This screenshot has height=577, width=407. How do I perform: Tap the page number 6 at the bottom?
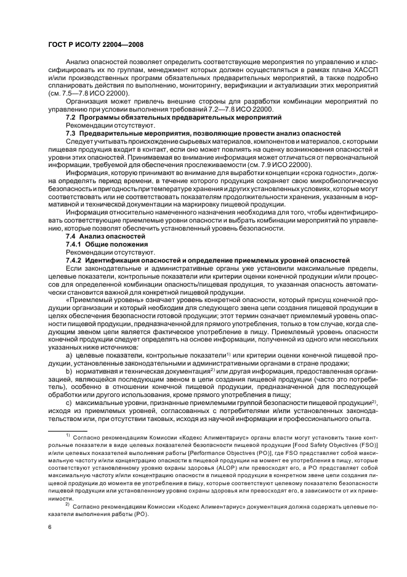click(x=49, y=528)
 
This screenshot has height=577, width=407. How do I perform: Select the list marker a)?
click(x=69, y=356)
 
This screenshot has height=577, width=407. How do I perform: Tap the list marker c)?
click(x=69, y=403)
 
